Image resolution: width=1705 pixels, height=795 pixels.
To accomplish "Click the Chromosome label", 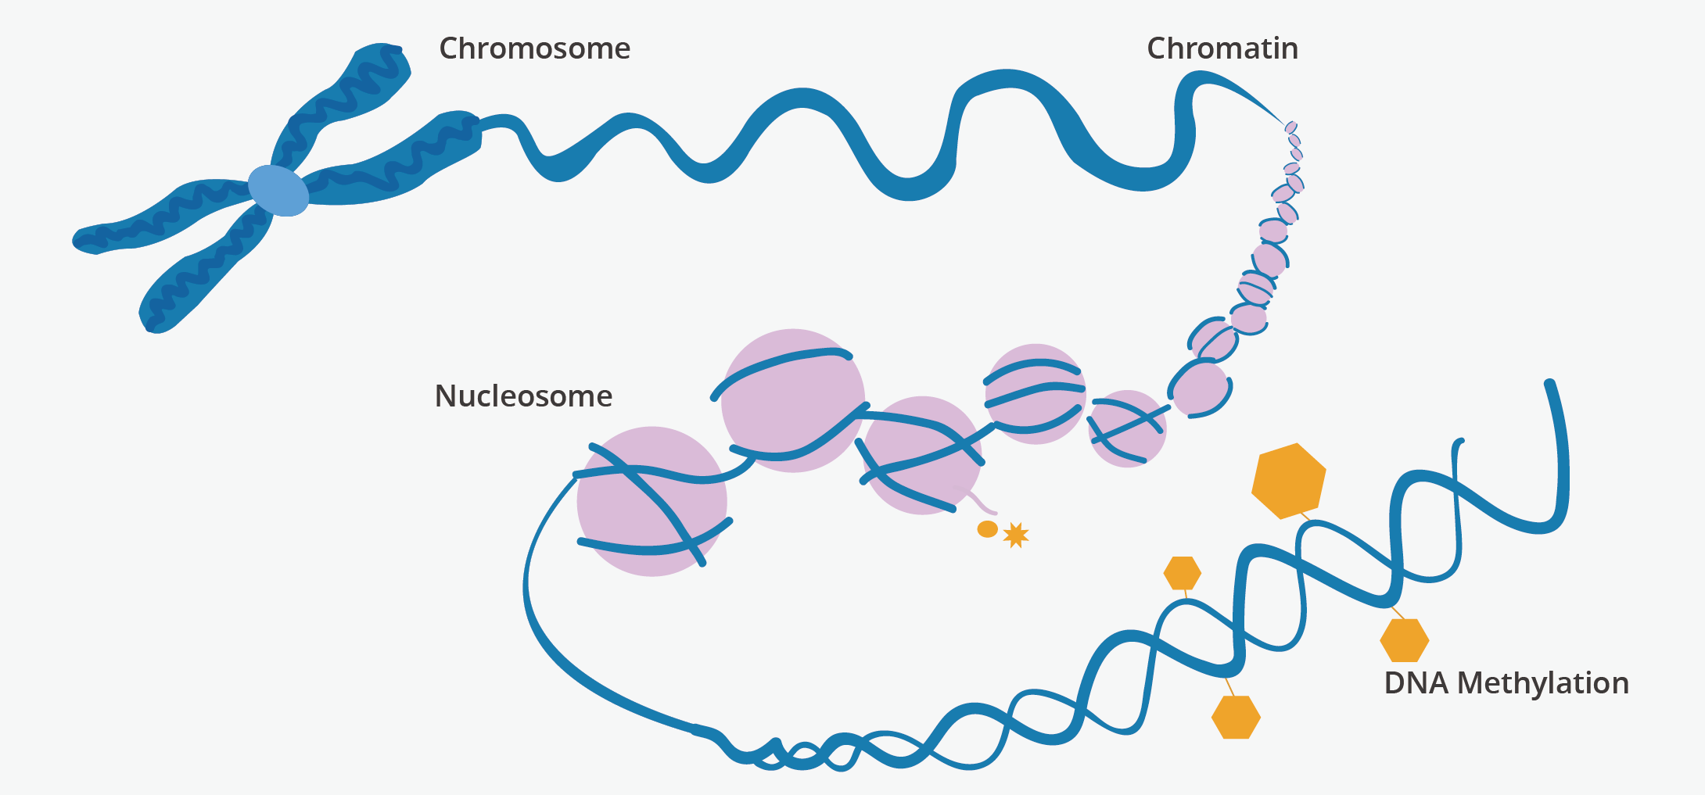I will [x=534, y=48].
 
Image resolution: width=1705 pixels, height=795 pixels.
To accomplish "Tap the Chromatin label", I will [x=1222, y=48].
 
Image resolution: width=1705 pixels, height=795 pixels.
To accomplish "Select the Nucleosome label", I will [x=523, y=396].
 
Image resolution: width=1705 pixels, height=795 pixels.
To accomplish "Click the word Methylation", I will [x=1542, y=683].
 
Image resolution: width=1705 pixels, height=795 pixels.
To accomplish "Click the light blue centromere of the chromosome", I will [x=278, y=190].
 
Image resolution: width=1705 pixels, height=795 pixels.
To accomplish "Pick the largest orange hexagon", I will [x=1288, y=481].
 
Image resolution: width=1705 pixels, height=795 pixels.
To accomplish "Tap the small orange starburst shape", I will [x=1015, y=535].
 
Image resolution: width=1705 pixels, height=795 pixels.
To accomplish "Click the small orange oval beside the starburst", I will [x=988, y=529].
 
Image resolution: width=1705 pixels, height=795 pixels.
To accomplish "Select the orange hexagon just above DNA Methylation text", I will [x=1404, y=640].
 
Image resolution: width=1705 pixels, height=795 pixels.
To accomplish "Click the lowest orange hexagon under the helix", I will [x=1236, y=717].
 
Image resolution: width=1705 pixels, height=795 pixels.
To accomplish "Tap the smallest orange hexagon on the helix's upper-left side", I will [x=1182, y=573].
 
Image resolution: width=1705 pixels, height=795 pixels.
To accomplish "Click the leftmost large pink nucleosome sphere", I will [x=651, y=502].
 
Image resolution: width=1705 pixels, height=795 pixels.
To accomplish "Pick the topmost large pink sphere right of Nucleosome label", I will [x=792, y=400].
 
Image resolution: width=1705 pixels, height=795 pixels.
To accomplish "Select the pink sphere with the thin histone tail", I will [x=921, y=456].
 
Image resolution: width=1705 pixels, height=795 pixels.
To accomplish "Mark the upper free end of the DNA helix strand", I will [x=1549, y=385].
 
